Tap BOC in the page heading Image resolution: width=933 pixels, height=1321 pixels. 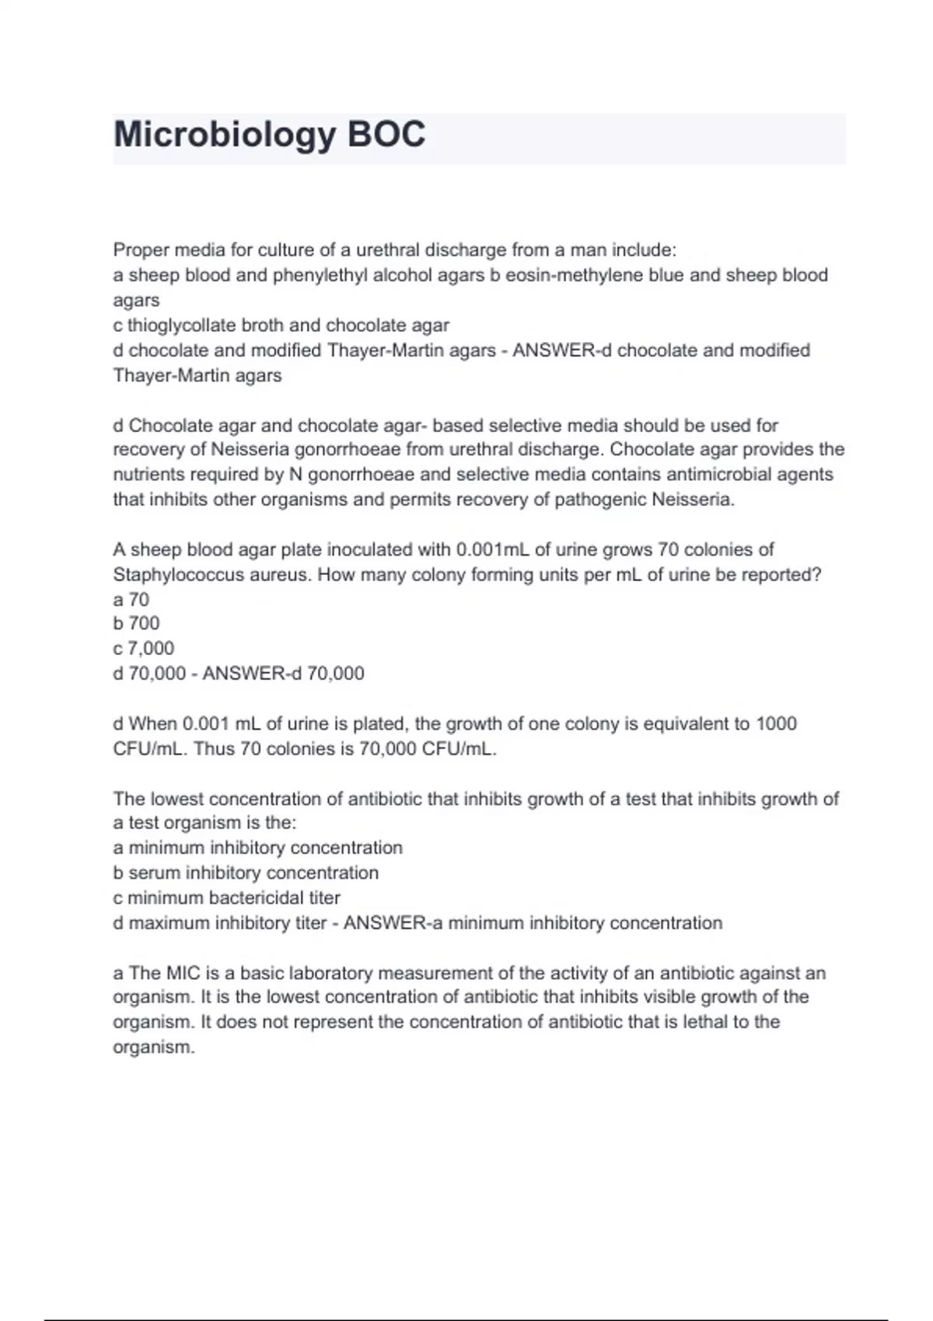tap(386, 134)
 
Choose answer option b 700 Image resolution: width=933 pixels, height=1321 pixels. tap(136, 623)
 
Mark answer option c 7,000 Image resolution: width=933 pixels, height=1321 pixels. tap(143, 648)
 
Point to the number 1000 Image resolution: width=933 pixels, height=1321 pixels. tap(776, 723)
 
